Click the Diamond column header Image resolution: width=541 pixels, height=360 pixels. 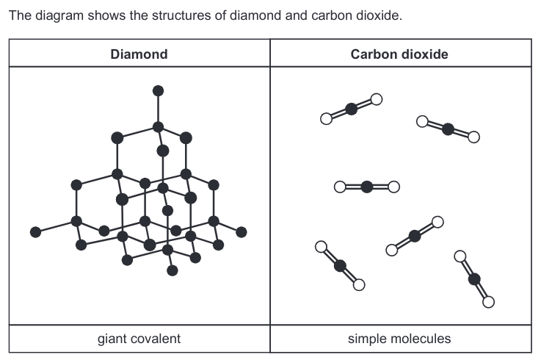click(x=139, y=54)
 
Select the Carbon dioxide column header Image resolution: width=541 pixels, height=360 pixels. click(x=399, y=54)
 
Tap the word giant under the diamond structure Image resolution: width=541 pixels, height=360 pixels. click(x=113, y=339)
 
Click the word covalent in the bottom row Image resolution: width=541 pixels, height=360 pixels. click(x=156, y=339)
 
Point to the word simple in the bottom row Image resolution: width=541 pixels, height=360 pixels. click(x=366, y=339)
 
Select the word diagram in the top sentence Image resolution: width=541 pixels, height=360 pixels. click(x=49, y=15)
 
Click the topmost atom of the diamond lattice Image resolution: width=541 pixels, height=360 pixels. click(x=157, y=91)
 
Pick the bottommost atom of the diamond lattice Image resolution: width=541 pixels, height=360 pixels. click(x=173, y=270)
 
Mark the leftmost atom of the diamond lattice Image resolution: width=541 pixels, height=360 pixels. click(x=35, y=232)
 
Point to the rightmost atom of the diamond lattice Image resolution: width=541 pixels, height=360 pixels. click(x=242, y=232)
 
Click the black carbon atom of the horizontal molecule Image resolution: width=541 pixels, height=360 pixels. click(x=366, y=187)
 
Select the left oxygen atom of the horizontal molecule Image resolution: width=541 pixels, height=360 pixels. click(x=340, y=187)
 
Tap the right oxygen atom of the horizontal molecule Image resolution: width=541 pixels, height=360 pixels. click(x=393, y=187)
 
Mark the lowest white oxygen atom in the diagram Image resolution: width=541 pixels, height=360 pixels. click(x=488, y=300)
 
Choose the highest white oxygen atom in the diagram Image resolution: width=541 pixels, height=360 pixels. click(x=377, y=99)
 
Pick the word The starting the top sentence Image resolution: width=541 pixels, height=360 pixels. click(x=18, y=15)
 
